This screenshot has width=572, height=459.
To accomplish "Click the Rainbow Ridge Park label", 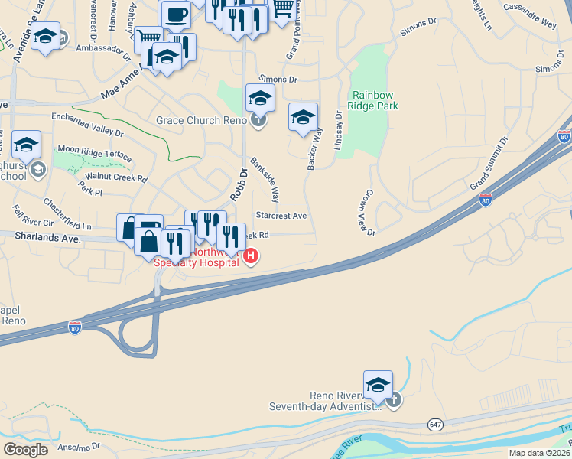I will [x=374, y=101].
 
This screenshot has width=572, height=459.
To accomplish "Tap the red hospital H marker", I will [x=250, y=256].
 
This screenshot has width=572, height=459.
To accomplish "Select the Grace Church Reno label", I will [x=200, y=120].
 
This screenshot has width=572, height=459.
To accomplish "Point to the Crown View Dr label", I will [x=368, y=213].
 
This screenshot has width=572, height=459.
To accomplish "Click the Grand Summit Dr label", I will [x=489, y=164].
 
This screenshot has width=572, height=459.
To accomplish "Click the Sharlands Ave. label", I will [x=47, y=239].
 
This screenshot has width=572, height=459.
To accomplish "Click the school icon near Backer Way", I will [x=303, y=117].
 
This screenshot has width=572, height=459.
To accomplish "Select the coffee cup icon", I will [x=176, y=15].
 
